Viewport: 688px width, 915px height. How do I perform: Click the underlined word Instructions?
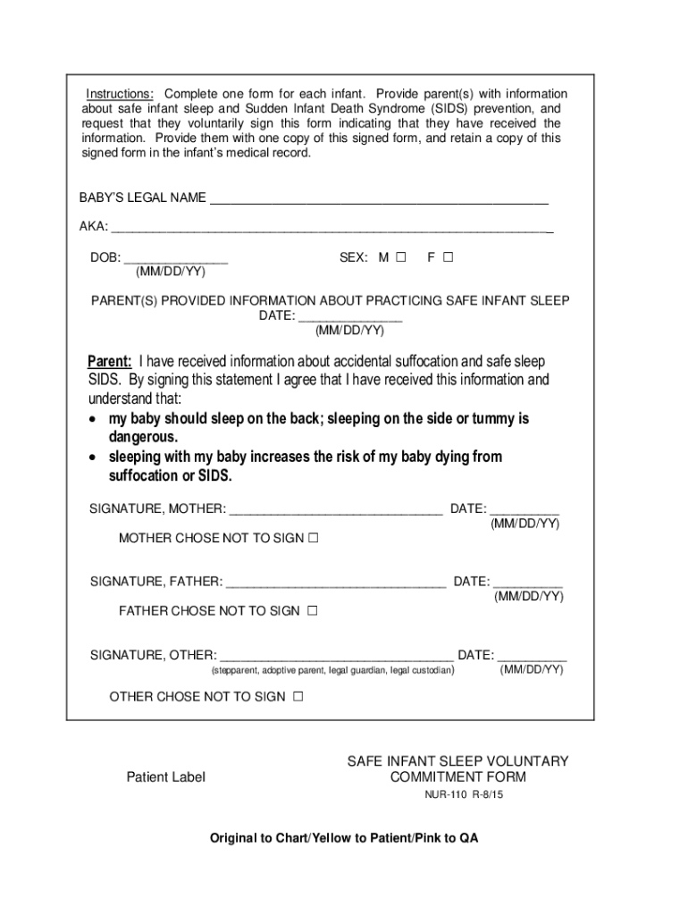pyautogui.click(x=120, y=95)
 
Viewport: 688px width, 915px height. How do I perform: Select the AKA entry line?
pyautogui.click(x=331, y=227)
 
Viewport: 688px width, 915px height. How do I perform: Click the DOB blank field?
pyautogui.click(x=175, y=258)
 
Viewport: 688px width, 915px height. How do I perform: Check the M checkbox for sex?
pyautogui.click(x=400, y=257)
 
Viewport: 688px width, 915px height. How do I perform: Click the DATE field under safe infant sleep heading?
pyautogui.click(x=349, y=316)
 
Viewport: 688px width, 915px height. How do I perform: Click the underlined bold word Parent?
pyautogui.click(x=109, y=362)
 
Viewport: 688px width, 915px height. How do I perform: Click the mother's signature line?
pyautogui.click(x=335, y=509)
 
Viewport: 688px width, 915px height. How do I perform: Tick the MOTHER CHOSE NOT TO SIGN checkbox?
pyautogui.click(x=313, y=539)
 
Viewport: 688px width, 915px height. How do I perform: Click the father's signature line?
pyautogui.click(x=335, y=583)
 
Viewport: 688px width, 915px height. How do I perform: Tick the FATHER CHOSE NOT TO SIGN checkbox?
pyautogui.click(x=313, y=611)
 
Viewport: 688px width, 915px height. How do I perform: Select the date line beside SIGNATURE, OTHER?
pyautogui.click(x=532, y=655)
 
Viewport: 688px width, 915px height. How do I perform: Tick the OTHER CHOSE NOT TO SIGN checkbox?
pyautogui.click(x=298, y=697)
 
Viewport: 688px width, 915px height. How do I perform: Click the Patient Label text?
pyautogui.click(x=165, y=777)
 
